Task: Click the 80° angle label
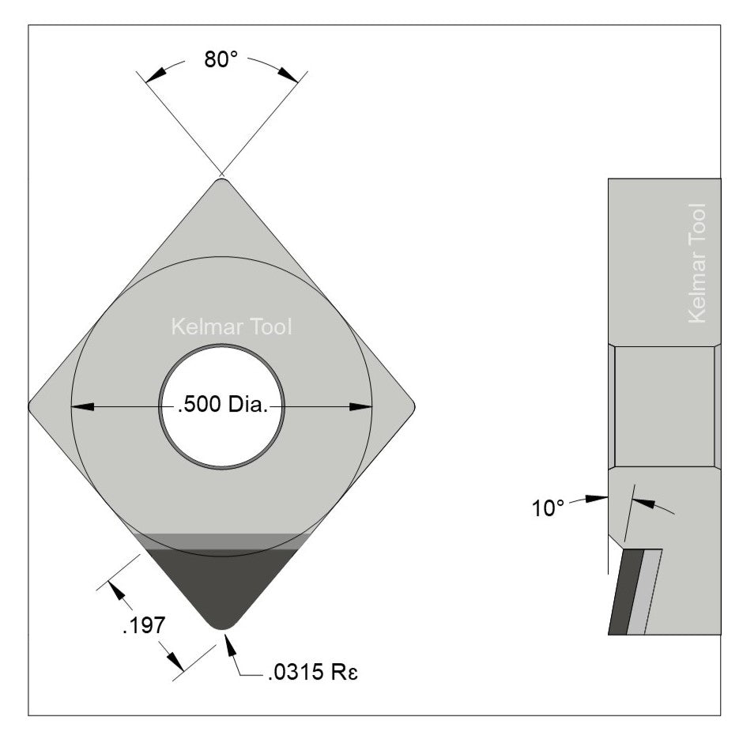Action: point(221,61)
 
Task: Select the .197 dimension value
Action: point(143,626)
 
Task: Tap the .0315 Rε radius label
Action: point(307,673)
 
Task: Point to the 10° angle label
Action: point(549,508)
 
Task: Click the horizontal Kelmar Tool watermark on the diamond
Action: point(232,326)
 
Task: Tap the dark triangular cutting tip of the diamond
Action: point(221,585)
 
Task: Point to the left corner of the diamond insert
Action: point(32,406)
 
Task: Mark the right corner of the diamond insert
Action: point(412,406)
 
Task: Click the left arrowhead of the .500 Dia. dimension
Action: point(82,407)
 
